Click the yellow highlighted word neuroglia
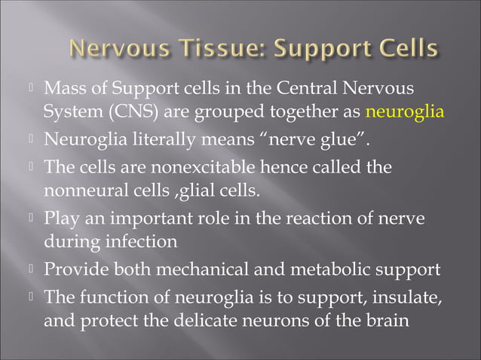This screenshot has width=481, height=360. (x=404, y=113)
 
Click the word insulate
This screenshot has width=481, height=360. (x=406, y=295)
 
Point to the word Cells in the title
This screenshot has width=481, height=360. (x=409, y=50)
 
